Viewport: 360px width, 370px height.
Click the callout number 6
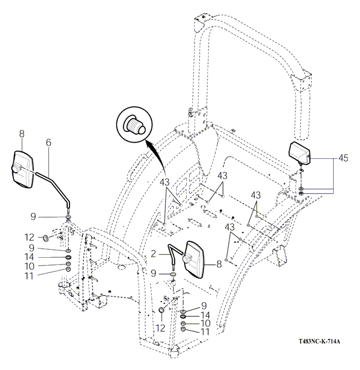[x=49, y=143]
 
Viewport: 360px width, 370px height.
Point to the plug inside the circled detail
[x=135, y=124]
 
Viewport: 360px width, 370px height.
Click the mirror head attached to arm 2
[x=196, y=259]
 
